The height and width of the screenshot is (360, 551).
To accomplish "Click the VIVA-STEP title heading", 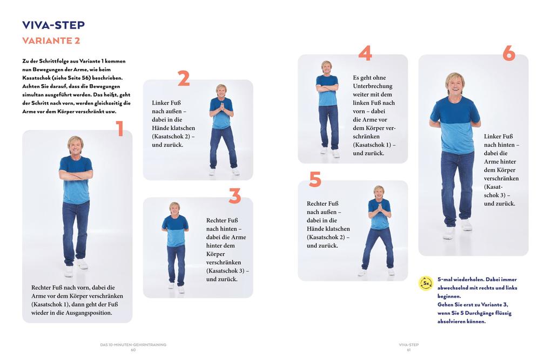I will [53, 25].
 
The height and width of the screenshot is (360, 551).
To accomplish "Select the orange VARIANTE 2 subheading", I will [51, 41].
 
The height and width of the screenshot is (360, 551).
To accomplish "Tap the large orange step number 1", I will [120, 129].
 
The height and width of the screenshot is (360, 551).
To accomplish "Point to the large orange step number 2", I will [184, 79].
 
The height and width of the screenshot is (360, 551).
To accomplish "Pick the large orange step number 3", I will [234, 196].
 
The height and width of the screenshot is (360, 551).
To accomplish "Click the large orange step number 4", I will [365, 53].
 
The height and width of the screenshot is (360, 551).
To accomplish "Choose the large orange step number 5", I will [315, 179].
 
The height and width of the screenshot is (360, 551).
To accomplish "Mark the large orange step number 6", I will [508, 53].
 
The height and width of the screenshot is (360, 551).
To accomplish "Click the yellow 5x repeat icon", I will [426, 283].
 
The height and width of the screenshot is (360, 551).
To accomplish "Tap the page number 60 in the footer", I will [133, 350].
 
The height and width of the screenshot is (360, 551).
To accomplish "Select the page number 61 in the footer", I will [409, 350].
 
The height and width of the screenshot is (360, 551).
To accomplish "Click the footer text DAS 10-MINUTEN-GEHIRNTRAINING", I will [133, 344].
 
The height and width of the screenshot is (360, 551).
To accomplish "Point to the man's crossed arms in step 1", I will [76, 175].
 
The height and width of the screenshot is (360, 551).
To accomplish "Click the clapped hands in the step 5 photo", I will [379, 207].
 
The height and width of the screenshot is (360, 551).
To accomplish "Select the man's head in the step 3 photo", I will [174, 208].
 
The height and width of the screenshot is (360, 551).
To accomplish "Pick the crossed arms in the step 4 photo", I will [327, 86].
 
